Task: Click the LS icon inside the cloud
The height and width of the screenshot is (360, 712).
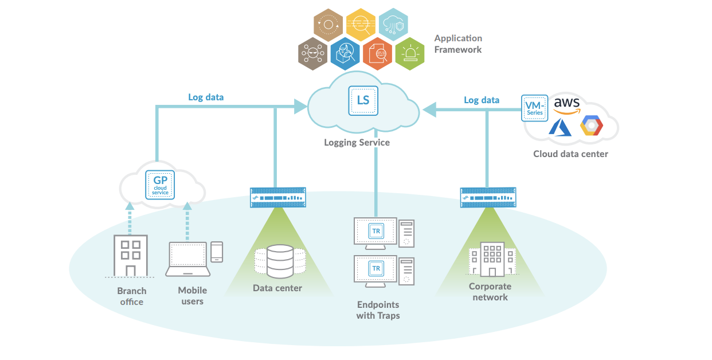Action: click(363, 100)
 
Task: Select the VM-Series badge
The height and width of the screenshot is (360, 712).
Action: click(535, 108)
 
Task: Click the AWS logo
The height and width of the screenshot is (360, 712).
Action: click(566, 105)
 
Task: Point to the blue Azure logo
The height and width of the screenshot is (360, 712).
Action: click(561, 127)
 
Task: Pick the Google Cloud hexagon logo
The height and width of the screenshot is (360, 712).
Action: click(591, 126)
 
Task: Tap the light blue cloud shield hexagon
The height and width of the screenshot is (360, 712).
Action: click(394, 25)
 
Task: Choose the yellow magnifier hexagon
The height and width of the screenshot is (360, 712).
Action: click(361, 25)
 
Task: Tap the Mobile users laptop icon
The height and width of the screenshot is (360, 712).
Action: click(187, 259)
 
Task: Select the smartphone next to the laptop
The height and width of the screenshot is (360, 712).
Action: click(217, 252)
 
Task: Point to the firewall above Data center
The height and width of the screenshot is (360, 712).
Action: click(278, 198)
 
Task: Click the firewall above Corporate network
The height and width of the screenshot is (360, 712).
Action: click(488, 198)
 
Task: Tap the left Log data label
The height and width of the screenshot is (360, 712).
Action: click(206, 97)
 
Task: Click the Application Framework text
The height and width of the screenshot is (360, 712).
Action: click(458, 44)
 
